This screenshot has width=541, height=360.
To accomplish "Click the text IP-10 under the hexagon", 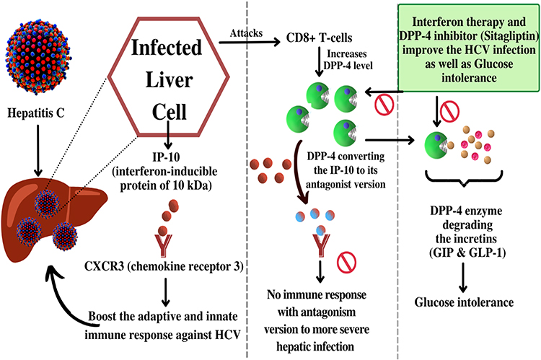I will (x=167, y=157).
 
